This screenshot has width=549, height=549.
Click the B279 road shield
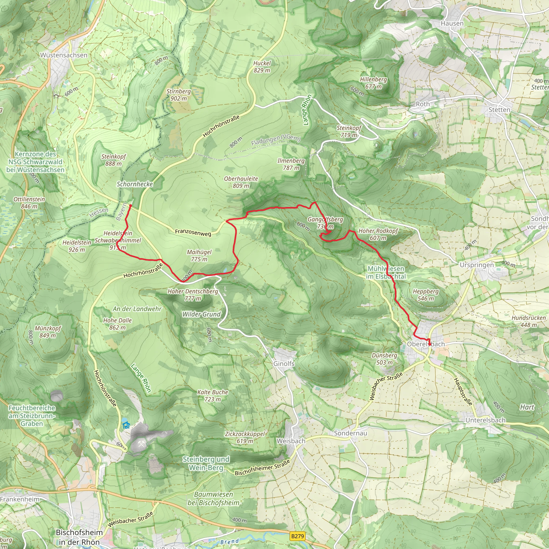tap(298, 536)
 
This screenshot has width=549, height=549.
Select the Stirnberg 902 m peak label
tap(179, 95)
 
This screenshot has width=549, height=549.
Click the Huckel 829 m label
tap(262, 67)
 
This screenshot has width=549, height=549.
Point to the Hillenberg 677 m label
tap(373, 83)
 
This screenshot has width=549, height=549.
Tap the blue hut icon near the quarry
tap(126, 425)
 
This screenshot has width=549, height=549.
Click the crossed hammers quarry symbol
tap(141, 444)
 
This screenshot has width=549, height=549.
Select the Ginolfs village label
tap(284, 363)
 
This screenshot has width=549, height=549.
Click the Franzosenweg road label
tap(193, 232)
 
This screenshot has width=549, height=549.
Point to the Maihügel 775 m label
tap(199, 255)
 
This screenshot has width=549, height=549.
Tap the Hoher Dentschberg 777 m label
tap(193, 295)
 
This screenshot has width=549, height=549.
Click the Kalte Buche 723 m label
tap(213, 396)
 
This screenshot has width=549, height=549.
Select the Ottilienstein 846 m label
tap(29, 203)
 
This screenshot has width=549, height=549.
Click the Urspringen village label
tap(477, 265)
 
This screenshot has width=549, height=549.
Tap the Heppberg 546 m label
tap(425, 295)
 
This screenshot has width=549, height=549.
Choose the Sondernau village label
tap(350, 433)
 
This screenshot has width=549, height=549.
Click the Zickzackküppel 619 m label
tap(245, 437)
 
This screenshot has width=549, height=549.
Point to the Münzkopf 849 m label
tap(48, 332)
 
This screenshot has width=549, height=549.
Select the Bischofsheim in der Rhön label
tap(79, 537)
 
